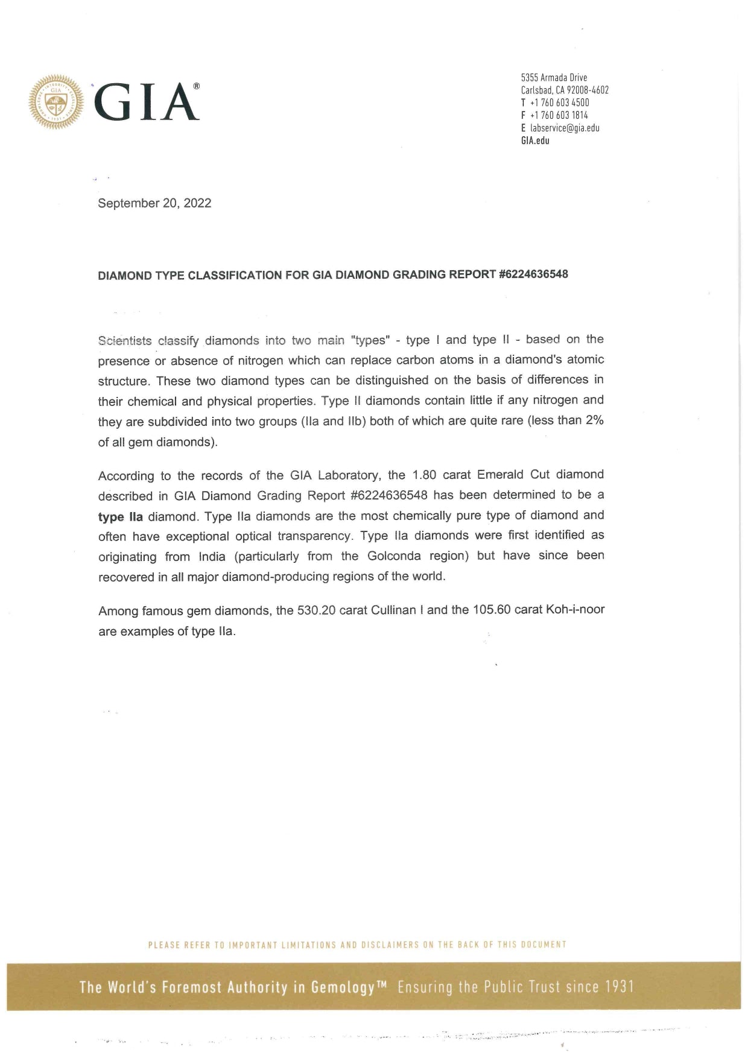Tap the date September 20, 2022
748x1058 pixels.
tap(154, 203)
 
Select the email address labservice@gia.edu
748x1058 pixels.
tap(565, 128)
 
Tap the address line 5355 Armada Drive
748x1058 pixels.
tap(554, 77)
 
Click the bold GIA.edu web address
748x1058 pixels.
tap(535, 141)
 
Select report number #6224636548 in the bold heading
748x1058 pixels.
tap(534, 274)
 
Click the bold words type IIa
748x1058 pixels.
tap(121, 517)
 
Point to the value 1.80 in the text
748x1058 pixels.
tap(424, 475)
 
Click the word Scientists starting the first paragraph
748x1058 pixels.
tap(125, 341)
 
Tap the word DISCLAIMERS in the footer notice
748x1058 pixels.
tap(390, 945)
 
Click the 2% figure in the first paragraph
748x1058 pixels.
tap(594, 420)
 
